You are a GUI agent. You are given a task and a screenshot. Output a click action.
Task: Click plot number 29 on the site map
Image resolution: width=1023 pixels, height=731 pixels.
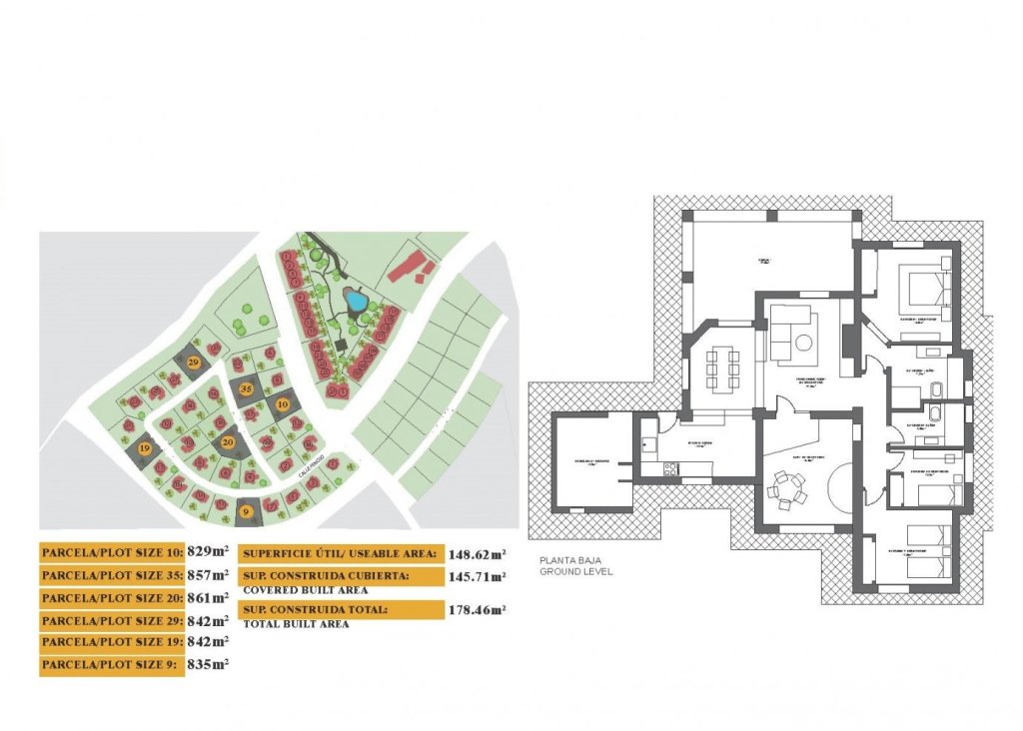(194, 361)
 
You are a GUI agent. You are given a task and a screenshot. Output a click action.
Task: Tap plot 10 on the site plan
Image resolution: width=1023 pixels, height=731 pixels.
(283, 404)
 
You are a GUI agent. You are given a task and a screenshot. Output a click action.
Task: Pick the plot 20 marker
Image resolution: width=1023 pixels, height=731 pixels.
(228, 441)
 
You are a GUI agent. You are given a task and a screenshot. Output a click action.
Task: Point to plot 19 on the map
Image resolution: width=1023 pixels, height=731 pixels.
(145, 450)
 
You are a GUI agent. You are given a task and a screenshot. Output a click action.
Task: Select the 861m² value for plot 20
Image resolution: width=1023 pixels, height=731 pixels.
(208, 597)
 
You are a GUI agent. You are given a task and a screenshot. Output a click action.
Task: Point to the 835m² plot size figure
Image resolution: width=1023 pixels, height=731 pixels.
(208, 663)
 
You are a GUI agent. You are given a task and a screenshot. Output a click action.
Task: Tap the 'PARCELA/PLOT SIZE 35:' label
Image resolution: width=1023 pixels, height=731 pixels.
(111, 575)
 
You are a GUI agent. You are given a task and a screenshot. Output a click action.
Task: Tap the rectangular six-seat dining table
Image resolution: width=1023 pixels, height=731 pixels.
(724, 367)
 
